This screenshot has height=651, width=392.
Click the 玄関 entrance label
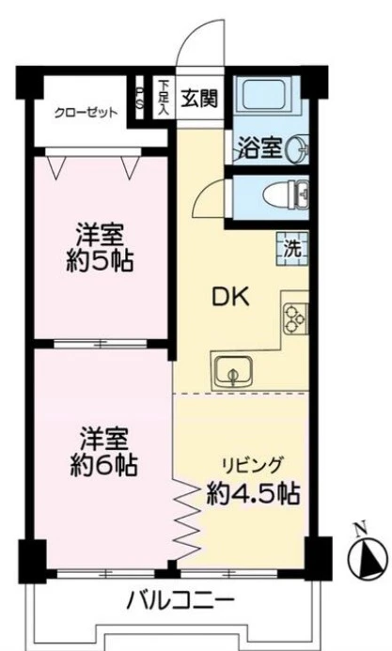click(199, 99)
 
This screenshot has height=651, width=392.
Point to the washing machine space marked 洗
click(292, 248)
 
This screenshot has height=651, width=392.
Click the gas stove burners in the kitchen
click(295, 318)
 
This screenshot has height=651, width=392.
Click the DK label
click(231, 298)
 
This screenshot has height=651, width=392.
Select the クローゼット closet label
click(86, 113)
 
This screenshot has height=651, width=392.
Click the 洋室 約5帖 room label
click(100, 248)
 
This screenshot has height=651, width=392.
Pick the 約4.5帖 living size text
click(253, 493)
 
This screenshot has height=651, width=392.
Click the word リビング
click(253, 465)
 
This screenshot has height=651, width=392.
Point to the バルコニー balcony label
click(180, 599)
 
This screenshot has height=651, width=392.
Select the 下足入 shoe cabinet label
click(164, 98)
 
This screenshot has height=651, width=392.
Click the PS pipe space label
click(140, 98)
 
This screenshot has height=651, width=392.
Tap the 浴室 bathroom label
click(260, 148)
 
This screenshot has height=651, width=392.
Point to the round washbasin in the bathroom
click(299, 147)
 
